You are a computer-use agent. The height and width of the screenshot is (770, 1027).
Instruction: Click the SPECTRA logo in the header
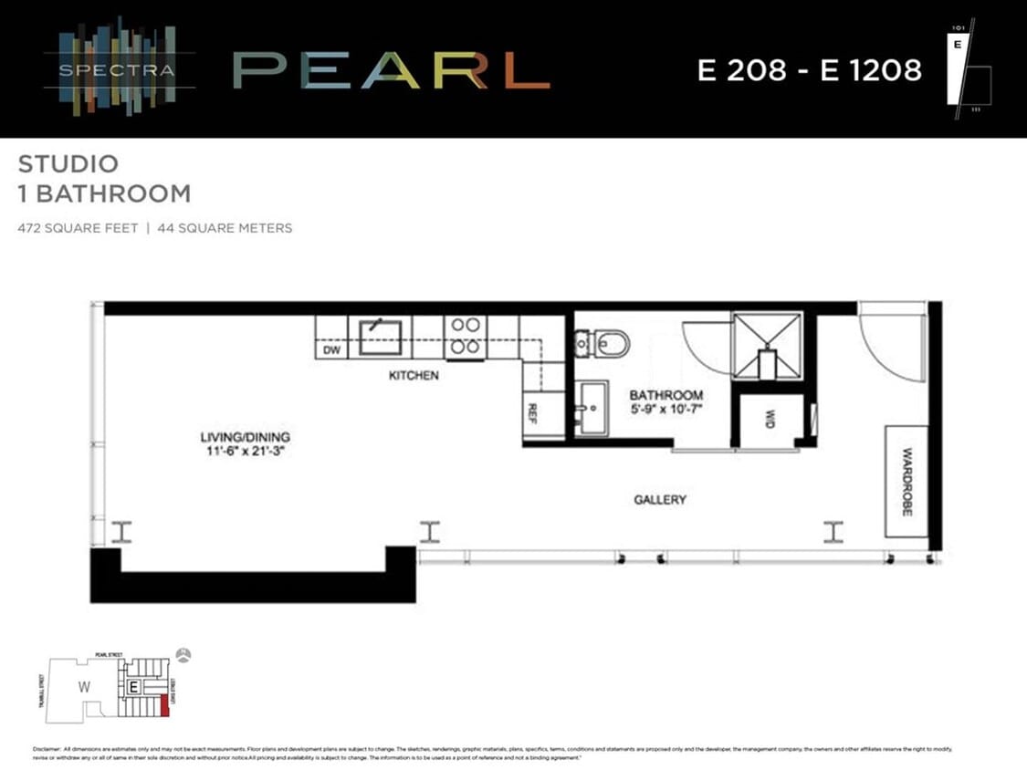coord(119,68)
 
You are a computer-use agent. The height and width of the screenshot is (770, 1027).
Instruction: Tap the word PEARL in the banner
coord(391,69)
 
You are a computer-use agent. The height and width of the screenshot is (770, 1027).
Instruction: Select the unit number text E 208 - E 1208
coord(809,69)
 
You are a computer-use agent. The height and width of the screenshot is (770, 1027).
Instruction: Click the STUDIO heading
coord(68,164)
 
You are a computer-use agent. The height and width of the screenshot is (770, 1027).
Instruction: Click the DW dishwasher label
coord(331,349)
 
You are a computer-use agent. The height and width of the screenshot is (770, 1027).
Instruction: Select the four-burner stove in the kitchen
coord(466,336)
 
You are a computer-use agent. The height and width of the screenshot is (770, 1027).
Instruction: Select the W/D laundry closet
coord(769,420)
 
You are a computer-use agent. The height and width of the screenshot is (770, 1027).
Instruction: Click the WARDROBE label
coord(906,482)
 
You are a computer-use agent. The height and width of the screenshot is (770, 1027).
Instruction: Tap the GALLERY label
coord(660,500)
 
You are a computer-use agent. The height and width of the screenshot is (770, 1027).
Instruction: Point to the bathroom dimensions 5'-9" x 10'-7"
coord(665,410)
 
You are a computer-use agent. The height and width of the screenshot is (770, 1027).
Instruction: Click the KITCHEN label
coord(414,376)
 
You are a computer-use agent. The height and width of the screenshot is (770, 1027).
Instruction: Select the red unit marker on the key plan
coord(163,705)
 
